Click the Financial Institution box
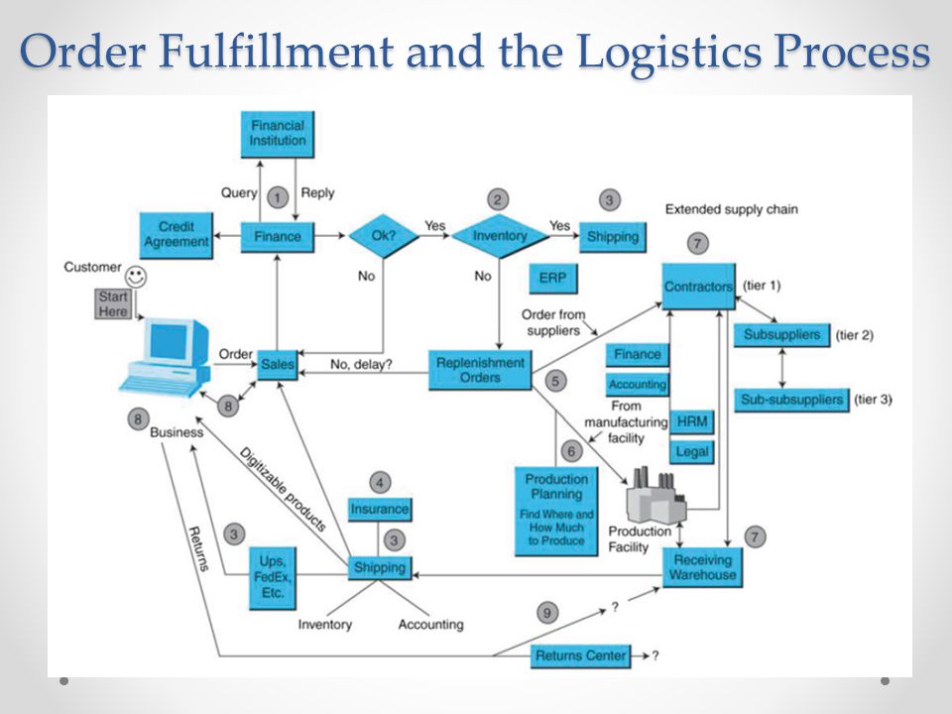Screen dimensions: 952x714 278,134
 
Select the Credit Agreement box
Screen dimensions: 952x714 177,235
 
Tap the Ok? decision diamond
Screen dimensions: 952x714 384,236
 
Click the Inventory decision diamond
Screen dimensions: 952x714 500,236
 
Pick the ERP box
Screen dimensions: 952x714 553,279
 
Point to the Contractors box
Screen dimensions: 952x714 699,286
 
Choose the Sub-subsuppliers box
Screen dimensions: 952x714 791,400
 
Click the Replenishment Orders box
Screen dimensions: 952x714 480,370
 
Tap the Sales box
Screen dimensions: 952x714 278,365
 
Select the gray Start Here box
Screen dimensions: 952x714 113,304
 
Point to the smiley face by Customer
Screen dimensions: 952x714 136,277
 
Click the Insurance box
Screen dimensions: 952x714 380,510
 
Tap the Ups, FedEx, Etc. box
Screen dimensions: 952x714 273,578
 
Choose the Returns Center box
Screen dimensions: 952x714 580,656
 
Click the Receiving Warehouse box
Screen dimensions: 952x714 702,567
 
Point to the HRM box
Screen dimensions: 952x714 692,422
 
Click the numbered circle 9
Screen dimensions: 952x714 547,613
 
